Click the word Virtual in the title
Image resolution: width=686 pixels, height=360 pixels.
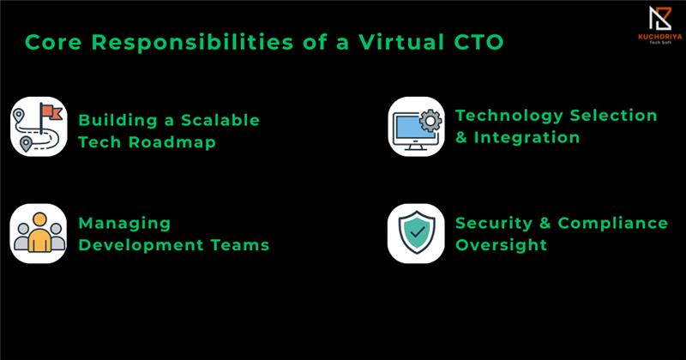pyautogui.click(x=401, y=43)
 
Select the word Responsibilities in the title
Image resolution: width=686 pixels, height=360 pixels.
pyautogui.click(x=192, y=44)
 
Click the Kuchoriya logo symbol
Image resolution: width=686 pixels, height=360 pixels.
pyautogui.click(x=659, y=18)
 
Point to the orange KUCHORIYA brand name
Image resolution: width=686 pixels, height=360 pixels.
pyautogui.click(x=659, y=37)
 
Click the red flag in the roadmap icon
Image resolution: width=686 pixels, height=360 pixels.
pyautogui.click(x=51, y=111)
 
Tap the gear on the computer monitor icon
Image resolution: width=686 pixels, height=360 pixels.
pyautogui.click(x=430, y=121)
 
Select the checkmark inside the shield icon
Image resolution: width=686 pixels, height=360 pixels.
pyautogui.click(x=418, y=231)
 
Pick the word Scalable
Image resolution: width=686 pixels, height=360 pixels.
pyautogui.click(x=220, y=120)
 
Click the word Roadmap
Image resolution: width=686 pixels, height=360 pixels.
pyautogui.click(x=172, y=142)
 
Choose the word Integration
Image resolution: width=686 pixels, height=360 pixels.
pyautogui.click(x=527, y=137)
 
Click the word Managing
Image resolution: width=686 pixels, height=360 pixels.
pyautogui.click(x=124, y=224)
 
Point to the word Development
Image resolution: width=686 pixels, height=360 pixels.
pyautogui.click(x=141, y=245)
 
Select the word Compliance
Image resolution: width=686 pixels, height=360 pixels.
pyautogui.click(x=613, y=224)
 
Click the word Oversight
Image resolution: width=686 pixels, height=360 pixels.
pyautogui.click(x=501, y=245)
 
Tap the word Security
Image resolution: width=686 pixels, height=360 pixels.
pyautogui.click(x=494, y=224)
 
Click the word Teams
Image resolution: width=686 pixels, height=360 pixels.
pyautogui.click(x=240, y=245)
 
